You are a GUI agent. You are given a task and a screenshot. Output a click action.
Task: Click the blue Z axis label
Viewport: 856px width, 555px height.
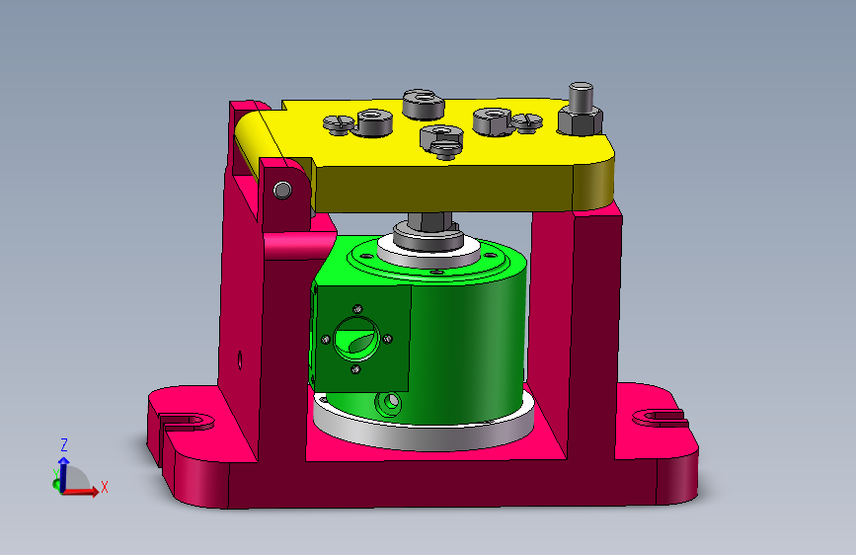tap(64, 444)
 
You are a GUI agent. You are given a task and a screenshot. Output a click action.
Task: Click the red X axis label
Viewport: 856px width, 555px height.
tap(105, 487)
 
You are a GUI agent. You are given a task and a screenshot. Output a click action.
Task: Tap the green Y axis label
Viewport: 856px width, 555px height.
tap(55, 474)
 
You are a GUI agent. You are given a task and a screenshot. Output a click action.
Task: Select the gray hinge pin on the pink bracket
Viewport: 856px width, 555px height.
tap(282, 190)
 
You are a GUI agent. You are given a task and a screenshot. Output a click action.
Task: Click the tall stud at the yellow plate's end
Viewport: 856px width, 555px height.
tap(581, 96)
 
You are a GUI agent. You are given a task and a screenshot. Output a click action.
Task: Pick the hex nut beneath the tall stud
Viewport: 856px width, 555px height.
tap(580, 120)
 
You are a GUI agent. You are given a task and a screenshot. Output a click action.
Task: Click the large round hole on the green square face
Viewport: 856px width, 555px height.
tap(356, 339)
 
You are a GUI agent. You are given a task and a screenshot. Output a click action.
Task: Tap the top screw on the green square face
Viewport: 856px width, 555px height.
tap(358, 309)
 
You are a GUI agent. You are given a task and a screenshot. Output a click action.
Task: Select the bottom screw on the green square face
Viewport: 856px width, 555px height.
tap(355, 369)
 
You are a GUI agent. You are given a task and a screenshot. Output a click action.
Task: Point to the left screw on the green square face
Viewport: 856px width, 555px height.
tap(326, 340)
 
